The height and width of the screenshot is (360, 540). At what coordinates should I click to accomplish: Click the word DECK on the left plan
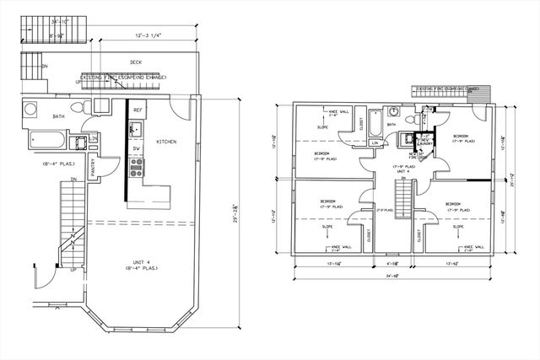(x=135, y=62)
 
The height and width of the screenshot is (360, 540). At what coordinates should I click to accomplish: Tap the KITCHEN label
(x=166, y=142)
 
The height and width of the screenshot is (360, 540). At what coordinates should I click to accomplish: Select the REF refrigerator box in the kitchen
(x=138, y=110)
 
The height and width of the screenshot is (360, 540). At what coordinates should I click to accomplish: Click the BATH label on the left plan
(x=35, y=117)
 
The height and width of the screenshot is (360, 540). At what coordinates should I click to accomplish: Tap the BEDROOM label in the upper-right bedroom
(x=461, y=136)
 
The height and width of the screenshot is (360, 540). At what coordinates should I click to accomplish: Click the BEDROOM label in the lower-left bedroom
(x=328, y=201)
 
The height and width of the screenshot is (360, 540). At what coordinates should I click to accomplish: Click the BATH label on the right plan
(x=392, y=125)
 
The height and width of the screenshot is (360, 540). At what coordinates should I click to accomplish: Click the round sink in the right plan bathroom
(x=393, y=110)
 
